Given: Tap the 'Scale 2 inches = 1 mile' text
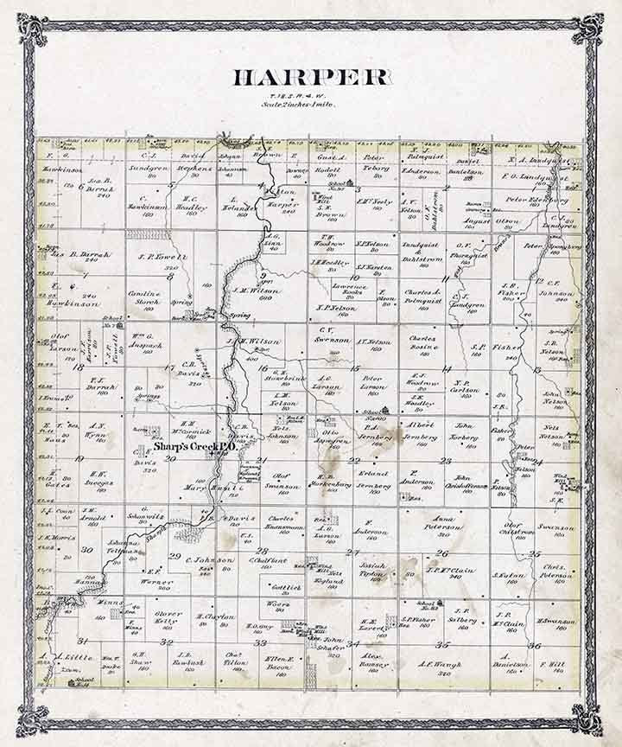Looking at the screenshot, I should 299,105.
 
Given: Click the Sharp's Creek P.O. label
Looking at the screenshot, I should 185,448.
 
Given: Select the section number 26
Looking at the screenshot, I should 441,552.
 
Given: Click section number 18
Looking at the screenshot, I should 79,367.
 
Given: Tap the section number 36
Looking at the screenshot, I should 535,645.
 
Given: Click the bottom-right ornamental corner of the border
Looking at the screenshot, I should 588,718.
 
